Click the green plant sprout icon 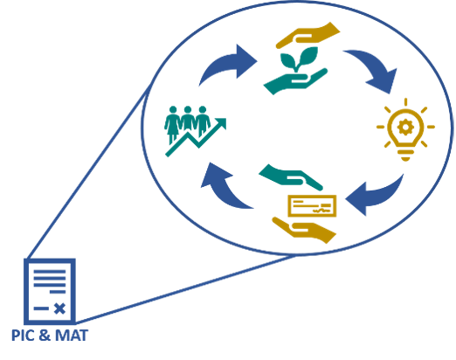coord(299,59)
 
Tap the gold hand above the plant coord(308,35)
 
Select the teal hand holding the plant coord(294,81)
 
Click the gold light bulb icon coord(405,129)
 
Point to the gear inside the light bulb coord(405,127)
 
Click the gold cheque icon coord(312,205)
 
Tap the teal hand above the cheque coord(291,177)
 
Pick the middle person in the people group coord(188,120)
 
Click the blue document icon coord(50,291)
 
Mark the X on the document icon coord(59,308)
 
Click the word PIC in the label coord(23,336)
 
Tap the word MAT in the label coord(72,336)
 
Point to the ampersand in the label coord(45,336)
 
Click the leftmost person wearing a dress coord(173,125)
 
